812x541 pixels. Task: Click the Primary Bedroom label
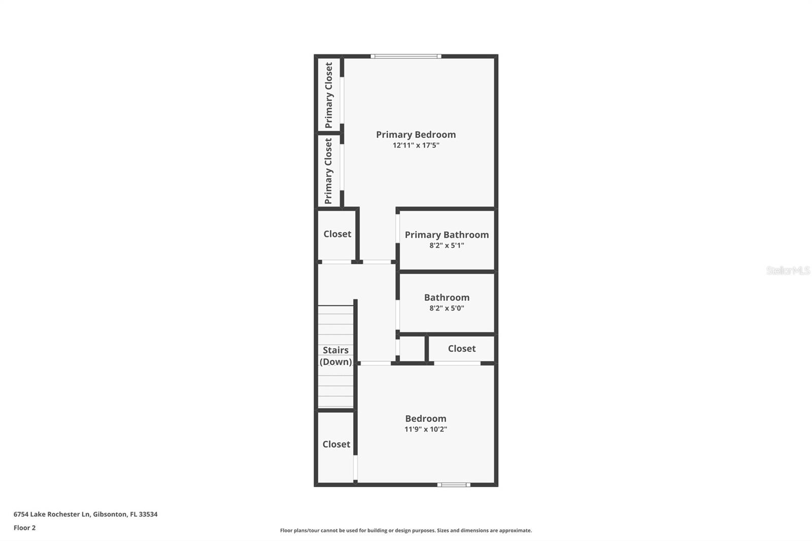tap(416, 134)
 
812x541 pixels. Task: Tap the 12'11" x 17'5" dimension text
tap(416, 146)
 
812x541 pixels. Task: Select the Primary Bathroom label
tap(447, 234)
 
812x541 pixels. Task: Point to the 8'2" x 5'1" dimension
tap(447, 246)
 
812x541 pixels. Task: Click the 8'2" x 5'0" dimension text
tap(447, 308)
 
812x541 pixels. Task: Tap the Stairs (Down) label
tap(335, 356)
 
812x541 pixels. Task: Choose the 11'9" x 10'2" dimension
tap(425, 429)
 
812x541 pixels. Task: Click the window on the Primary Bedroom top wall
tap(405, 56)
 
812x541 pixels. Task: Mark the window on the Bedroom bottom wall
tap(454, 485)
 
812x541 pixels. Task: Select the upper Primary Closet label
tap(328, 95)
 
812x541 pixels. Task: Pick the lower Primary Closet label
tap(328, 171)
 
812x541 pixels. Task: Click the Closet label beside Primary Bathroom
tap(337, 234)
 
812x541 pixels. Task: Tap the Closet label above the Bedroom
tap(461, 349)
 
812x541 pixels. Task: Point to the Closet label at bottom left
tap(336, 445)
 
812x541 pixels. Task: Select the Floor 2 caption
tap(24, 528)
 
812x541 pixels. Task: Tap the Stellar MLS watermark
tap(788, 270)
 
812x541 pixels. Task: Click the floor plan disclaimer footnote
tap(406, 530)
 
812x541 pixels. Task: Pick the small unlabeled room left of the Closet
tap(412, 349)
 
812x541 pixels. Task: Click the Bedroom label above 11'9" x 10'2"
tap(425, 419)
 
